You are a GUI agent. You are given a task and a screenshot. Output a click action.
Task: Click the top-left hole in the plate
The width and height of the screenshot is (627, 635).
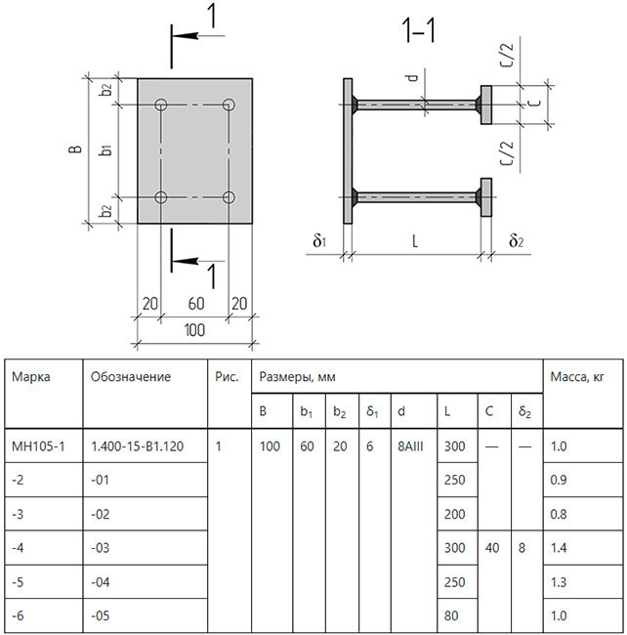click(161, 105)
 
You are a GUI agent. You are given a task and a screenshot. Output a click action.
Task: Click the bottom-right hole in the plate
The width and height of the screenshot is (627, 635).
click(229, 197)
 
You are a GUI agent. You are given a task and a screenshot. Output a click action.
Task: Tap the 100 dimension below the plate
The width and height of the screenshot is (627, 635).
click(194, 330)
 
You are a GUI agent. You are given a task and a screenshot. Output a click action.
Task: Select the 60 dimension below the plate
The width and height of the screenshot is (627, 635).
click(196, 303)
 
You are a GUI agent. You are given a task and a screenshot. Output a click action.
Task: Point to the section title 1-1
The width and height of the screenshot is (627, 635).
click(419, 30)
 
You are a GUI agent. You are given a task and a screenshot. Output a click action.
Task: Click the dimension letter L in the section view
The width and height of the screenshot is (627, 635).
click(415, 241)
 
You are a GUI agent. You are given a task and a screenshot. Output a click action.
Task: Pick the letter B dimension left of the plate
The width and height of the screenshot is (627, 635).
click(75, 149)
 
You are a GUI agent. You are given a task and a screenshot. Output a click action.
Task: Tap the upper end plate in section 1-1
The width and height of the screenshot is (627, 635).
click(486, 105)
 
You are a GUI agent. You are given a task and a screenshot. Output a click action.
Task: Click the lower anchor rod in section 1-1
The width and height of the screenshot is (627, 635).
click(416, 197)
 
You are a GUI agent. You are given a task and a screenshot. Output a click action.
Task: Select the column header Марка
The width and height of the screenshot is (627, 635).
click(30, 377)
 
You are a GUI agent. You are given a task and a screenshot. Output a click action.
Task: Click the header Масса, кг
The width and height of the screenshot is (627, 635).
click(577, 377)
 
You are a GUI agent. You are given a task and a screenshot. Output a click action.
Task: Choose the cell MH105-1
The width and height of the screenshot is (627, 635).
click(38, 446)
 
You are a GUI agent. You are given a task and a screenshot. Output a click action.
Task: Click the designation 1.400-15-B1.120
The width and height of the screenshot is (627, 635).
click(138, 446)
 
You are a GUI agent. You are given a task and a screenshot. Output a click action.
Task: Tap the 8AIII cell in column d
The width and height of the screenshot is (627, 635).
click(410, 446)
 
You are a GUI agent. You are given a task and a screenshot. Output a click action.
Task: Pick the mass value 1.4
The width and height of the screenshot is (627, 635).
click(559, 548)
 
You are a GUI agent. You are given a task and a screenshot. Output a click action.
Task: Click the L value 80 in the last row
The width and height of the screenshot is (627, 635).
click(451, 615)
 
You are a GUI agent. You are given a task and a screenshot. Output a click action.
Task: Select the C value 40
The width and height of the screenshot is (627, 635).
click(492, 548)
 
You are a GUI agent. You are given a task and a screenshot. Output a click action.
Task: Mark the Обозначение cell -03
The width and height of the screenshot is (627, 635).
click(100, 548)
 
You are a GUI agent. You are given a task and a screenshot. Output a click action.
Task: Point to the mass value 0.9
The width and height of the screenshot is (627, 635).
click(559, 480)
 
